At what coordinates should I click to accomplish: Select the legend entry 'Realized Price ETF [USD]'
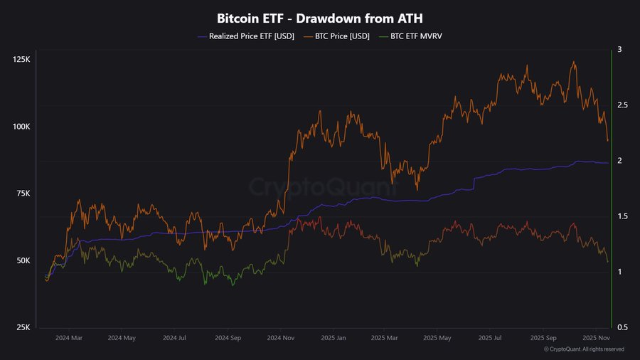pos(242,36)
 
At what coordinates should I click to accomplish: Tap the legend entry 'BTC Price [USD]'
pos(338,36)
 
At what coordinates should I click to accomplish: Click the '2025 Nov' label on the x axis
pos(597,339)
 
